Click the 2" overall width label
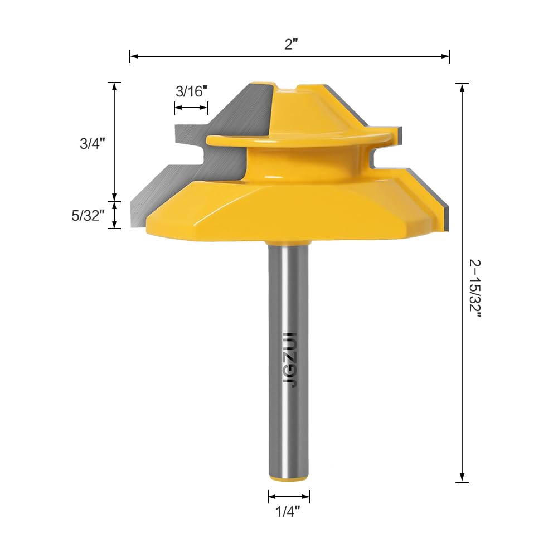291,44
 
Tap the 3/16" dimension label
191,91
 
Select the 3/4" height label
93,143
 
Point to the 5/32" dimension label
88,215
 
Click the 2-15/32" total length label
475,288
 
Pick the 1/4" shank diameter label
288,512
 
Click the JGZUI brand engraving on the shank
289,360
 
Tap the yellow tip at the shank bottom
289,478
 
